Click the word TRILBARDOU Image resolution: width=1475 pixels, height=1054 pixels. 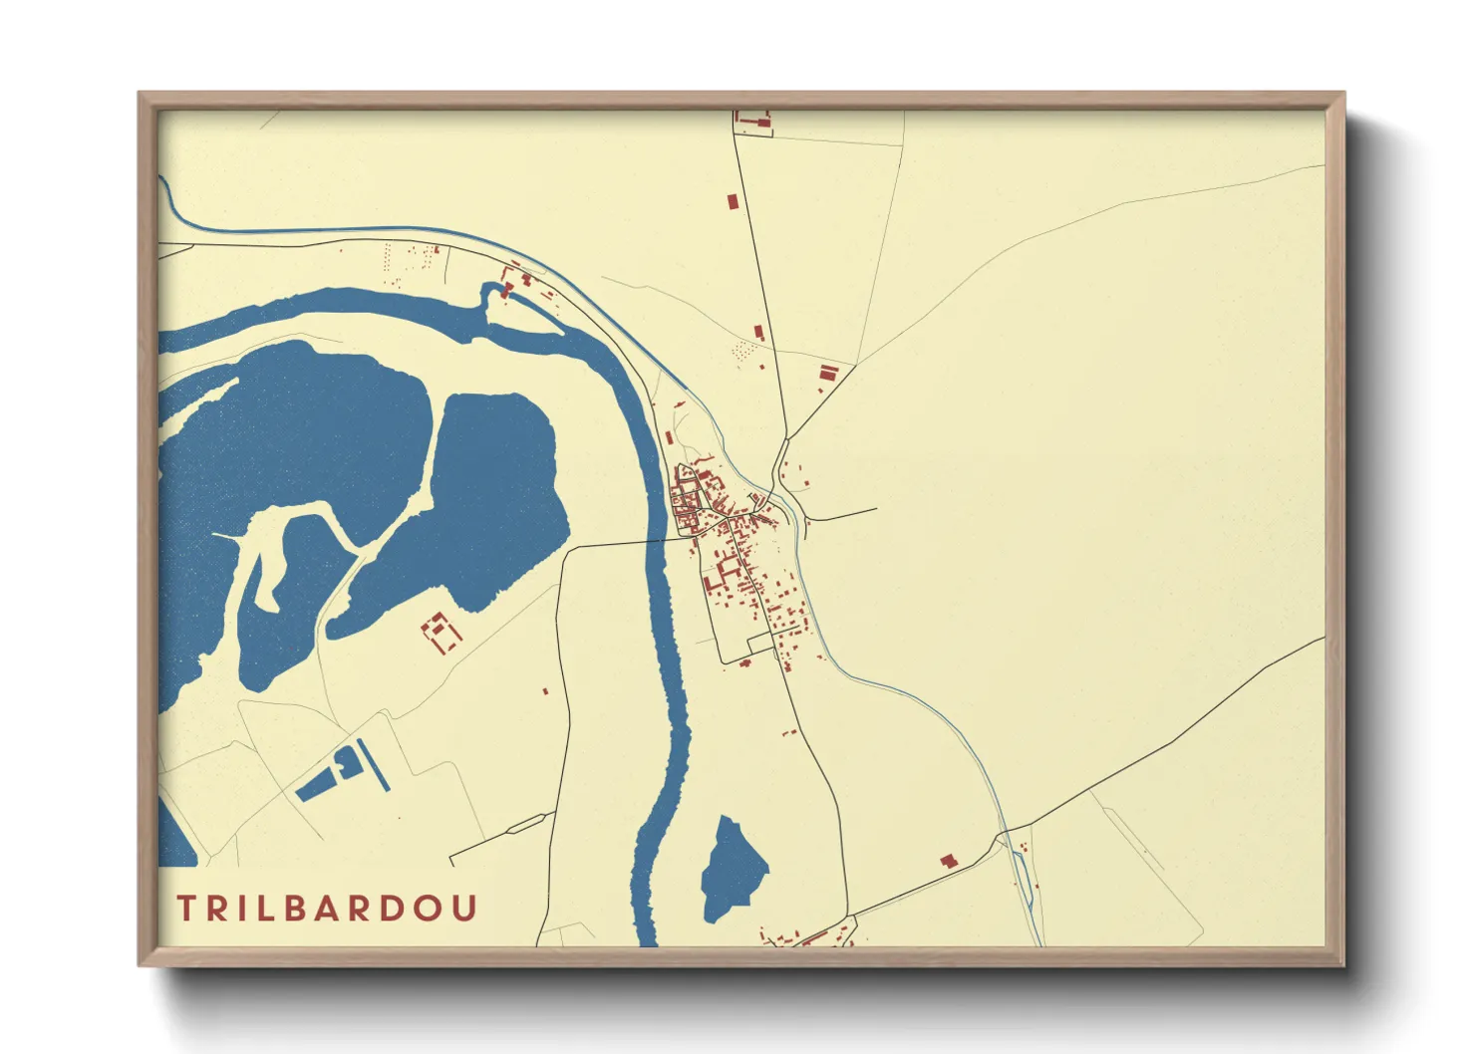click(x=327, y=908)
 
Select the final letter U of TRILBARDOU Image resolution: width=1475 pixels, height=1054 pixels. click(x=465, y=908)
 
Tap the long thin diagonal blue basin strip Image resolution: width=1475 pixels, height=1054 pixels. click(x=374, y=765)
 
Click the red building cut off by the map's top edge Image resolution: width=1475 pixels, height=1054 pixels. click(x=753, y=121)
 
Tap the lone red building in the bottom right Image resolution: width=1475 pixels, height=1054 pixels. click(x=948, y=860)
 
